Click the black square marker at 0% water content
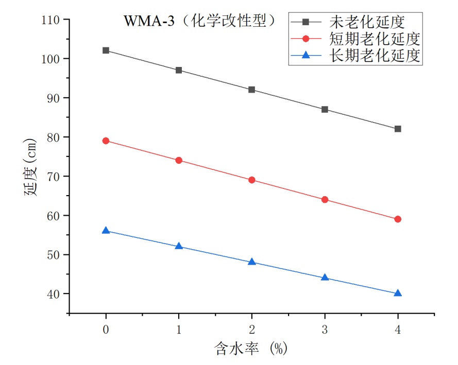tap(106, 50)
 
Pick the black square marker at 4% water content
tap(398, 129)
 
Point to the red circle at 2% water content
tap(252, 180)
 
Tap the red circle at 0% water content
tap(106, 141)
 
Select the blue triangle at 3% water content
tap(325, 277)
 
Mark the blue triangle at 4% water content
tap(398, 293)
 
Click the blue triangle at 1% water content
tap(179, 246)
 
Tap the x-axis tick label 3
tap(325, 328)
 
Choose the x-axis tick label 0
tap(106, 328)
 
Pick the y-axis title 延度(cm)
tap(29, 166)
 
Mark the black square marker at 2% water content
tap(252, 90)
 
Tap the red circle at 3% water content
tap(325, 200)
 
